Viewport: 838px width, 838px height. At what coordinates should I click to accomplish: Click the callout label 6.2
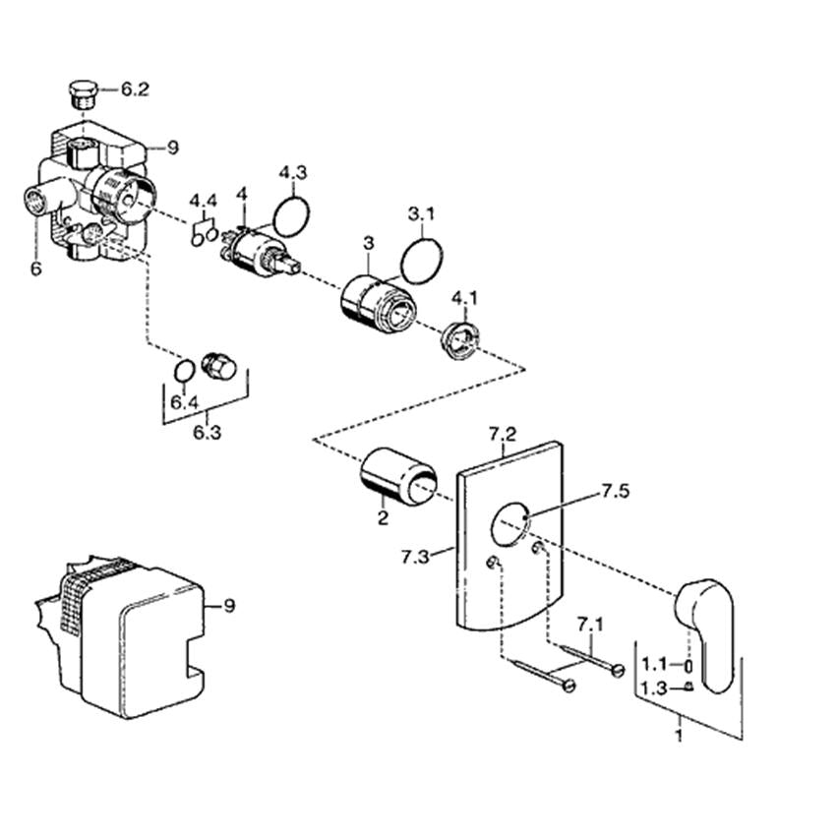[135, 90]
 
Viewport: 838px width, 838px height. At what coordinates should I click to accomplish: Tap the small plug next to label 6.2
[83, 94]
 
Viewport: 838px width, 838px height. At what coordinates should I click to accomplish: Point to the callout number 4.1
[464, 298]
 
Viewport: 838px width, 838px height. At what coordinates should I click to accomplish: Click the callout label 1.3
[654, 688]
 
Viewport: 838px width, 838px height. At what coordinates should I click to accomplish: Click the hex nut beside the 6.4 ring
[218, 367]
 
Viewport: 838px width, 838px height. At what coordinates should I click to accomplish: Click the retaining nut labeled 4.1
[460, 339]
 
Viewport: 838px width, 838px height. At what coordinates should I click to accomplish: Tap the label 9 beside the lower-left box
[229, 606]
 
